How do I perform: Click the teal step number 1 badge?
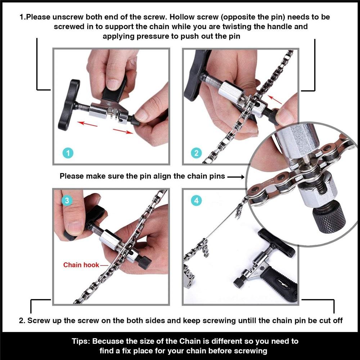68,153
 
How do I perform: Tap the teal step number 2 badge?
196,153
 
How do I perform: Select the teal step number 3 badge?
67,201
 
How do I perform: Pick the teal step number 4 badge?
196,201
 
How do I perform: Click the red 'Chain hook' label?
81,265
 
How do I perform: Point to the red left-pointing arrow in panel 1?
88,124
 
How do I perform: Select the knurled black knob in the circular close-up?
328,216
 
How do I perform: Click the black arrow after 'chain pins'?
236,176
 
